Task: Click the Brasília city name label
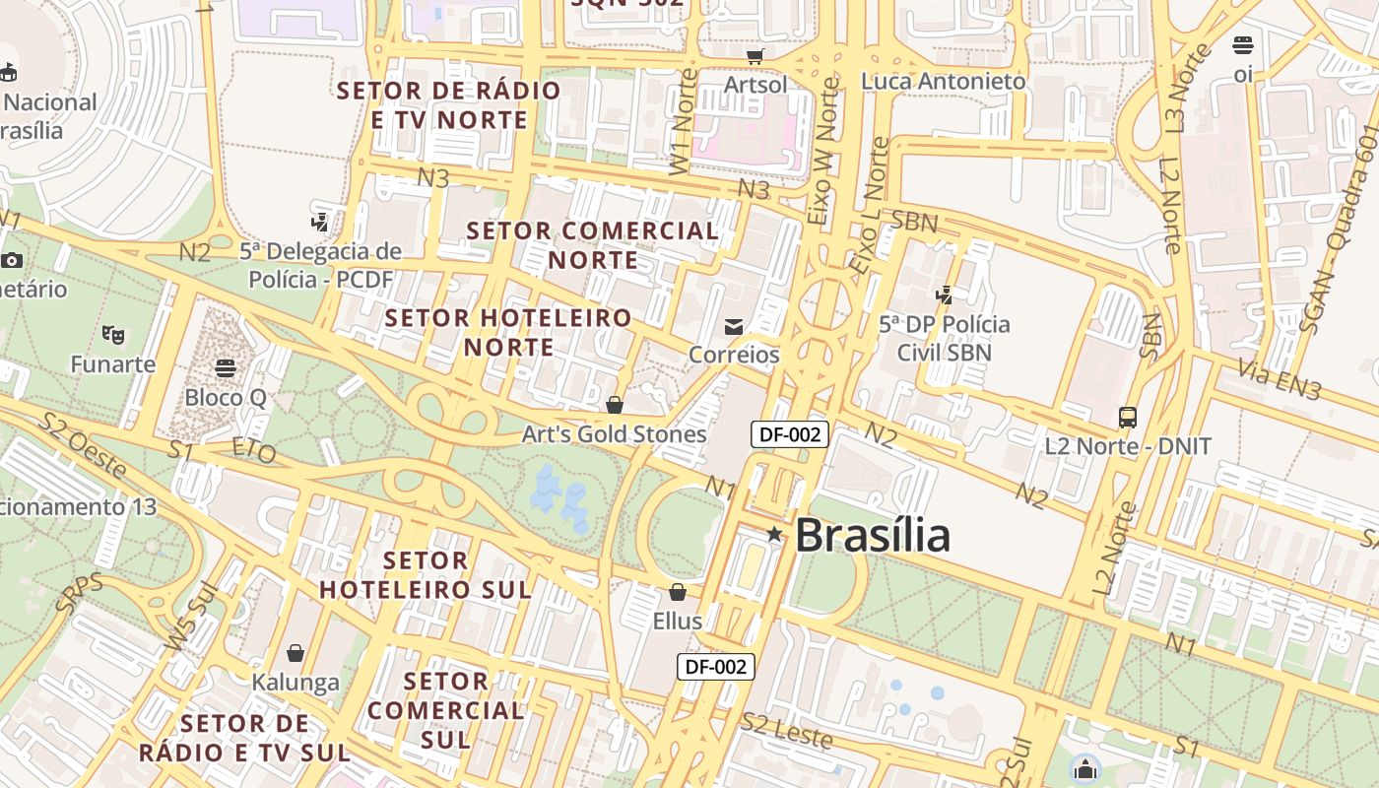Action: [872, 535]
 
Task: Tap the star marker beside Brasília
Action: [775, 534]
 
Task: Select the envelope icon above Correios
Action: [734, 326]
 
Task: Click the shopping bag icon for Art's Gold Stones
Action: [615, 405]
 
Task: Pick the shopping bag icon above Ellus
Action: [678, 592]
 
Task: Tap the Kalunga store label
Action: [295, 682]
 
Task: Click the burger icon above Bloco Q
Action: [226, 368]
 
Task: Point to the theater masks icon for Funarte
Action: [113, 335]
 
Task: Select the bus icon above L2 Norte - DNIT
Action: [1128, 418]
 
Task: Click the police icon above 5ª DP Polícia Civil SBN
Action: [945, 294]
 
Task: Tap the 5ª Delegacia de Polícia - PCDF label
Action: [321, 265]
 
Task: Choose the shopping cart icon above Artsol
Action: [755, 56]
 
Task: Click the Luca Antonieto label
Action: [944, 81]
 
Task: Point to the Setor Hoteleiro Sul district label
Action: [426, 575]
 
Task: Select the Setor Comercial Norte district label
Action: [593, 245]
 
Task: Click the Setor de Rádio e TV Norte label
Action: [449, 105]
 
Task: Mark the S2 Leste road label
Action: [787, 730]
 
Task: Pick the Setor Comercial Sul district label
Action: [446, 710]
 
